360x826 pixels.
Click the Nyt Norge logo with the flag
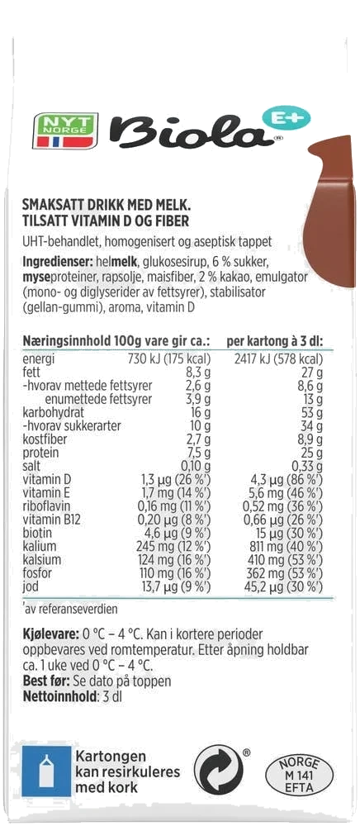point(65,131)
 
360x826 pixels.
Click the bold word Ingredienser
point(58,262)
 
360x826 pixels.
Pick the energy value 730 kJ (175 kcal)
point(169,359)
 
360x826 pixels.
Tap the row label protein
point(41,453)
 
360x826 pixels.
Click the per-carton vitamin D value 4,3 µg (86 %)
point(284,480)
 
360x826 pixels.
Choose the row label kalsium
point(42,559)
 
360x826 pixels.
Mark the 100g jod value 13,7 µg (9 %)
point(173,586)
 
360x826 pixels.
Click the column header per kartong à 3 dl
point(275,341)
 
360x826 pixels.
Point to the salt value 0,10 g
point(196,466)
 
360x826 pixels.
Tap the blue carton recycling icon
point(46,771)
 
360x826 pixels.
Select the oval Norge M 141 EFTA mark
point(300,776)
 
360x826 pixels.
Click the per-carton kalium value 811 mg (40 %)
point(284,546)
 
